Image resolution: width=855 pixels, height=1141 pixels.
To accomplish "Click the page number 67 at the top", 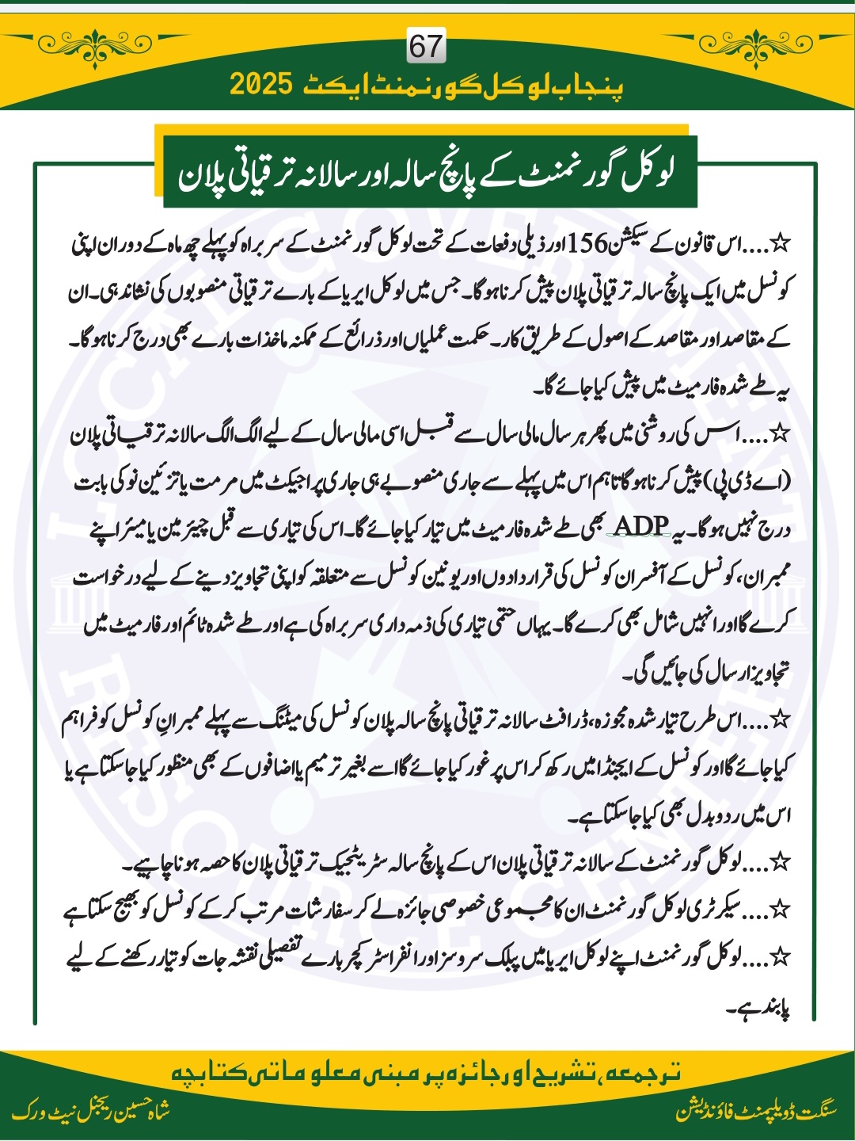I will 426,47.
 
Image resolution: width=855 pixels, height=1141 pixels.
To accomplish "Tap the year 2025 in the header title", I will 262,84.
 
